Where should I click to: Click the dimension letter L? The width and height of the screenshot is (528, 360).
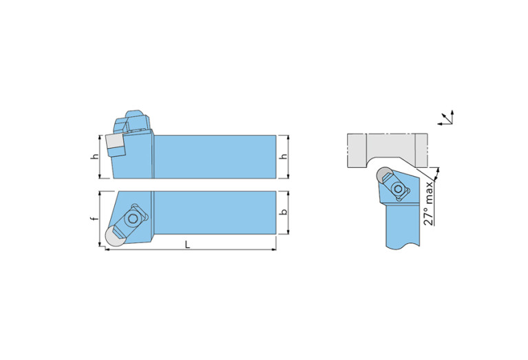(187, 244)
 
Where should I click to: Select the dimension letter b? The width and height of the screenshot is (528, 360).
(284, 212)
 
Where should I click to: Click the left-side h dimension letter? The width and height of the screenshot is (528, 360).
(96, 156)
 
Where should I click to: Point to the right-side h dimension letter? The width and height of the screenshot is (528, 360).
(284, 156)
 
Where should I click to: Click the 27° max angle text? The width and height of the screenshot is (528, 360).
(428, 204)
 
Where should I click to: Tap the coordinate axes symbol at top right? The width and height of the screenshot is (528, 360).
(447, 118)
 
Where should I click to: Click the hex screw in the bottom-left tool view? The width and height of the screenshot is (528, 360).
(134, 219)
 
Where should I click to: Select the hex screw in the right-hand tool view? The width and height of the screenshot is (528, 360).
(399, 189)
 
